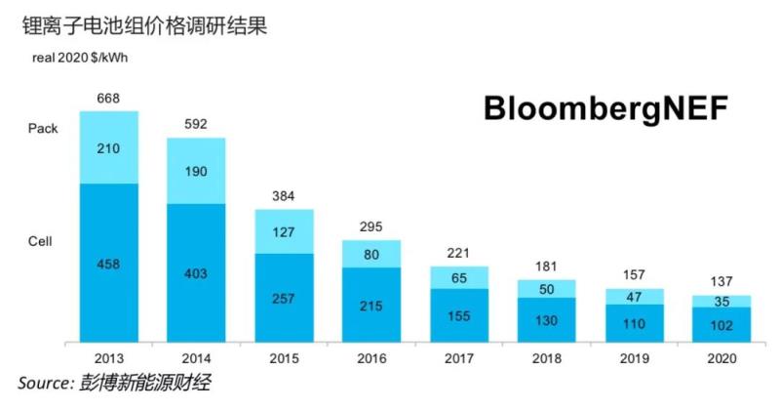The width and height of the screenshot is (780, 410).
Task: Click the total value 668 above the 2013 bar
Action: coord(108,99)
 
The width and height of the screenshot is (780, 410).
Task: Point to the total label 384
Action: coord(284,198)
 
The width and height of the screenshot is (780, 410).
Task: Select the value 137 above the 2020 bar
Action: coord(721,283)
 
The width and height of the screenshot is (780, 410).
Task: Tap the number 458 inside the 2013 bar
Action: coord(108,264)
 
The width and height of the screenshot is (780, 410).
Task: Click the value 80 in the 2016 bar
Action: coord(371,254)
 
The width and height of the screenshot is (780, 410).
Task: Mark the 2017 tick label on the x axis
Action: coord(459,359)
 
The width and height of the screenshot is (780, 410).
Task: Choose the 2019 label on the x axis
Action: coord(634,359)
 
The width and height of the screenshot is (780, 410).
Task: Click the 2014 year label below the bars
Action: coord(196,359)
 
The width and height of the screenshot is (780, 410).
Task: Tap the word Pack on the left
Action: coord(44,128)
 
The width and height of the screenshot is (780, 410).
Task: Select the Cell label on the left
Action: coord(41,240)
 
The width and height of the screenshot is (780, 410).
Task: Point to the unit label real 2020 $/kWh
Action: coord(73,58)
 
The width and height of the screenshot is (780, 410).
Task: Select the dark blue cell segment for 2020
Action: coord(721,325)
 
